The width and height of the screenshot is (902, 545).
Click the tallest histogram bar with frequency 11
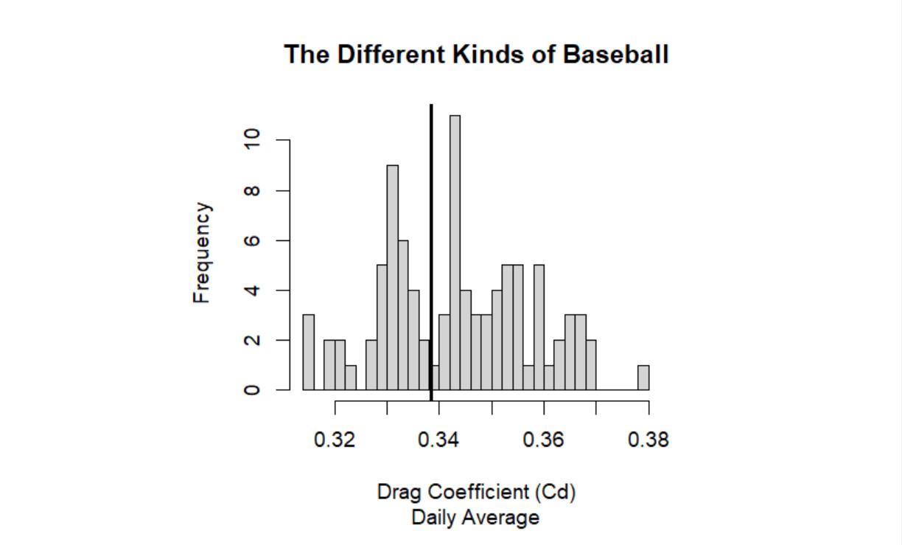[455, 252]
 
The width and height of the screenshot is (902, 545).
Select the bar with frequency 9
[392, 277]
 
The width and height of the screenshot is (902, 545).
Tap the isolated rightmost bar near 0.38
[643, 377]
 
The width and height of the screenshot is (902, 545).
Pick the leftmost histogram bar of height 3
[308, 352]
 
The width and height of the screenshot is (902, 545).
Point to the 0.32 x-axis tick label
[335, 440]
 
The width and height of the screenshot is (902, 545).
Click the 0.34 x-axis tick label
[439, 440]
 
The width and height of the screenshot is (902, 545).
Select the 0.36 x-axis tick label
[544, 440]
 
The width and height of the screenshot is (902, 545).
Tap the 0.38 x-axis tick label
[648, 440]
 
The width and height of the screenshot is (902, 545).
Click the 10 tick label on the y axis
[253, 139]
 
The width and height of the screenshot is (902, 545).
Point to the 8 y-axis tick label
[253, 190]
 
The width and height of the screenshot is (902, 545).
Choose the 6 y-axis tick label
[253, 240]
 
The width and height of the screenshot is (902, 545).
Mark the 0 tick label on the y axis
[253, 389]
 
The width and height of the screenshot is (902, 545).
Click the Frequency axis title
[202, 252]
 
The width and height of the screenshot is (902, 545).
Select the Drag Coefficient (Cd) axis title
[476, 492]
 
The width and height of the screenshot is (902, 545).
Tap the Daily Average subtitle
[475, 518]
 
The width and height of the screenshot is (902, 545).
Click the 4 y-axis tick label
[253, 290]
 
